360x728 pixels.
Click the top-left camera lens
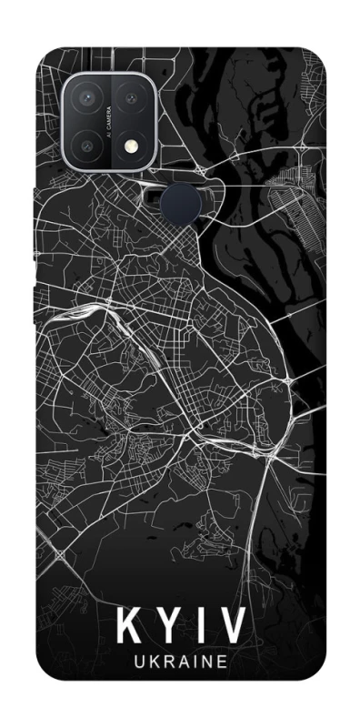[x=88, y=96]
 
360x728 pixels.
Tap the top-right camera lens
[x=131, y=96]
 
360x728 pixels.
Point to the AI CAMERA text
[x=109, y=117]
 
